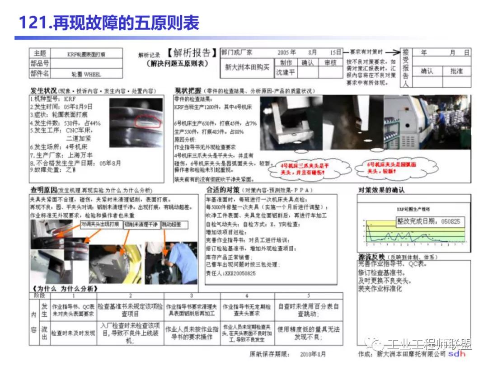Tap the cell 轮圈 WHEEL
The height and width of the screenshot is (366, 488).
coord(86,74)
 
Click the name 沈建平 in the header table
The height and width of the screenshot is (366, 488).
coord(286,72)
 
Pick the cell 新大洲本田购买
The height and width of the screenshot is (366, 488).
coord(247,67)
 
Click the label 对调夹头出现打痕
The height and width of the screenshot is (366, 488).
coord(100,224)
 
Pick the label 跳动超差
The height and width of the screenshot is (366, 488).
coord(171,224)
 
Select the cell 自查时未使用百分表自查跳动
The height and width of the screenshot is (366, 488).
coord(309,310)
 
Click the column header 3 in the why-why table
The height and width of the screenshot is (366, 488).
coord(192,296)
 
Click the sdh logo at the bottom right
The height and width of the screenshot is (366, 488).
coord(456,354)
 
